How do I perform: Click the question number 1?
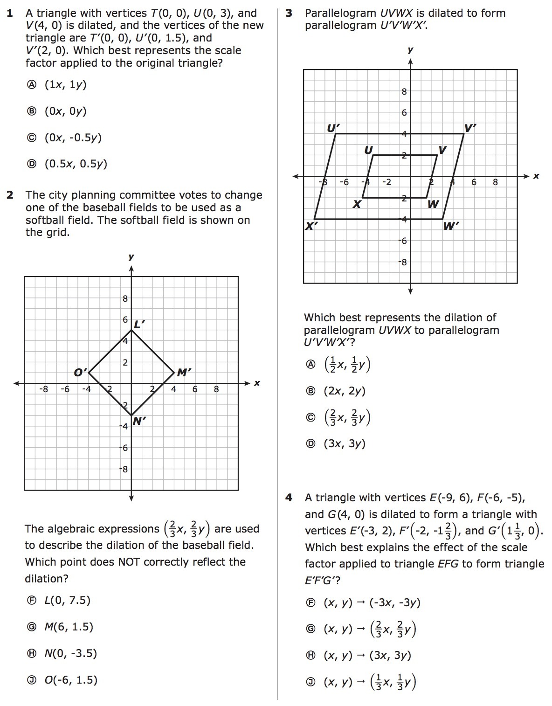pos(10,13)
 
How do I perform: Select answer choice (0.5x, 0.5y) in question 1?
pos(76,164)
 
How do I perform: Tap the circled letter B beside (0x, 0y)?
pos(31,111)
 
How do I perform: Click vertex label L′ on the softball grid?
pos(139,324)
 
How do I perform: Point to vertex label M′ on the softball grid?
pos(184,372)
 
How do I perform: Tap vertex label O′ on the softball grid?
pos(80,372)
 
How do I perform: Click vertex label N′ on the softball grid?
pos(139,421)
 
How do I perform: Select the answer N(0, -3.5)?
pos(70,653)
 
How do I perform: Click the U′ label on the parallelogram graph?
pos(333,127)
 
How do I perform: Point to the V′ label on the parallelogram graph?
pos(470,127)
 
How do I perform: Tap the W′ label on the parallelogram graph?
pos(451,226)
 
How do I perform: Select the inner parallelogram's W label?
pos(433,204)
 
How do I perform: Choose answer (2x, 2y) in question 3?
pos(345,391)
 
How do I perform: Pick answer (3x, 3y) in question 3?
pos(345,443)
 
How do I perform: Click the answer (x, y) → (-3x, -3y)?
pos(372,602)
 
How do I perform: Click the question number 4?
pos(289,498)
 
